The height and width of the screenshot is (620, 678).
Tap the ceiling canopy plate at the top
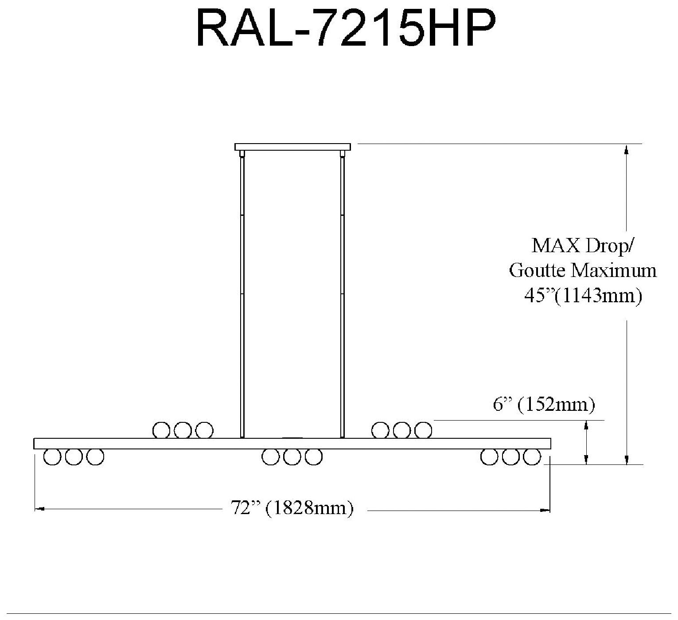point(292,147)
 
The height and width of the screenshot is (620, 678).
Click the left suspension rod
point(242,292)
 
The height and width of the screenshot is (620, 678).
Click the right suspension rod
point(342,292)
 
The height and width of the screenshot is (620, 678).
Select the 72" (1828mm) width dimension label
point(292,507)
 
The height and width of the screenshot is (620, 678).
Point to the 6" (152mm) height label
point(543,405)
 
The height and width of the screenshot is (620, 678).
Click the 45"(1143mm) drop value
point(583,295)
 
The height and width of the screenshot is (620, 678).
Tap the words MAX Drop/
point(583,245)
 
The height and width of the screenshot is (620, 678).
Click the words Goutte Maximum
point(583,270)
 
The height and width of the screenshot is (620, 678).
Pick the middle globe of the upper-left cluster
point(183,430)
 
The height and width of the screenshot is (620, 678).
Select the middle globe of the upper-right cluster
point(402,430)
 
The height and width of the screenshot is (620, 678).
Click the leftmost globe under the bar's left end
point(52,457)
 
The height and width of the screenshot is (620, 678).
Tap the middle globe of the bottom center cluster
point(292,457)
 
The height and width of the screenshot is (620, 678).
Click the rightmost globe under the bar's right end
point(532,457)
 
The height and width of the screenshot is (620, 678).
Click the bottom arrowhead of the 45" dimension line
point(627,460)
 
